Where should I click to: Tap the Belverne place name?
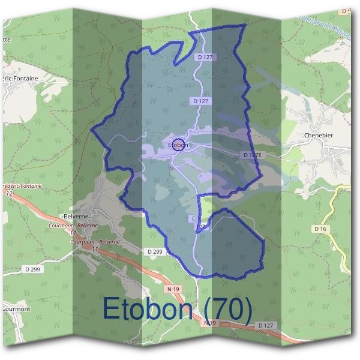77,217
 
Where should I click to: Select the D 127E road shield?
253,155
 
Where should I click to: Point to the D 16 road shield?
320,229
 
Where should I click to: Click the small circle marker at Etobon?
178,145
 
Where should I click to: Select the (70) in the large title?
229,309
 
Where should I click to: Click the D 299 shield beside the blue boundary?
154,251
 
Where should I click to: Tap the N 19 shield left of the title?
173,289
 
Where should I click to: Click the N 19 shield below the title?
209,323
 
